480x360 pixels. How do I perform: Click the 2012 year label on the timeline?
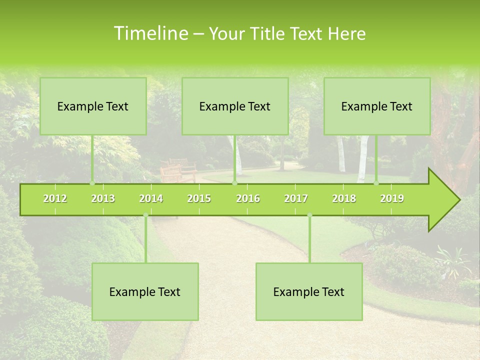[x=55, y=198]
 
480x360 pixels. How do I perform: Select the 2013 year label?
[x=103, y=198]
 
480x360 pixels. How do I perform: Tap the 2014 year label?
[x=151, y=198]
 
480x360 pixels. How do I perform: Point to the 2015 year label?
[x=199, y=198]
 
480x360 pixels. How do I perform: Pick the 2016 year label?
[x=248, y=198]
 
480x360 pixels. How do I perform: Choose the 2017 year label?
[x=296, y=198]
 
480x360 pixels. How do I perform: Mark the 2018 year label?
[x=344, y=198]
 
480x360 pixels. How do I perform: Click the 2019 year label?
[x=392, y=198]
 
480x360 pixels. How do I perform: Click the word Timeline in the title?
[x=149, y=33]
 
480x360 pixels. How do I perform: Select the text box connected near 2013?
[x=93, y=106]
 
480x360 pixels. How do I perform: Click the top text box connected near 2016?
[x=235, y=106]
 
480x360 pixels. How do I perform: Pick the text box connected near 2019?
[x=377, y=106]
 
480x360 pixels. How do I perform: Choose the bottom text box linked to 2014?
[x=145, y=291]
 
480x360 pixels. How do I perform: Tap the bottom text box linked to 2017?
[x=309, y=291]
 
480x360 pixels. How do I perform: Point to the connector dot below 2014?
[x=145, y=215]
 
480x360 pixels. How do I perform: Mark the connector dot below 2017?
[x=309, y=215]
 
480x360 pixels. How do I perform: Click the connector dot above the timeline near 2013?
[x=92, y=183]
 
